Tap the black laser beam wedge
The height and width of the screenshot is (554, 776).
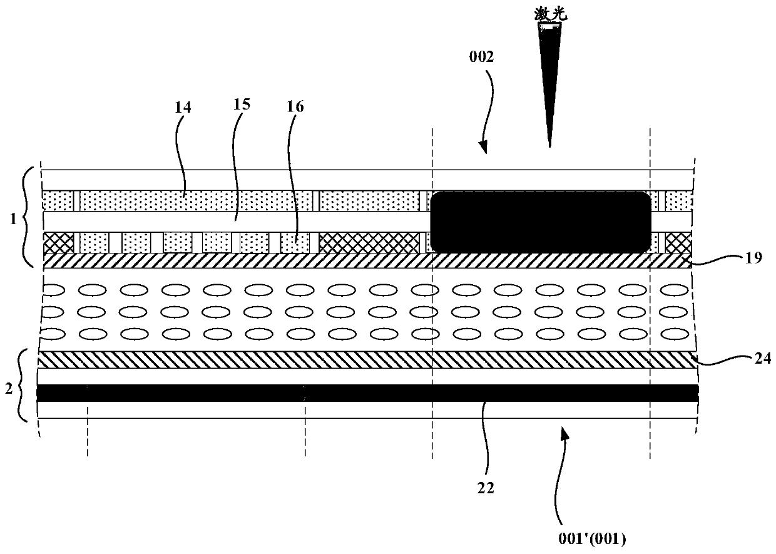pyautogui.click(x=549, y=75)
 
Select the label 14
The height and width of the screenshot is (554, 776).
pyautogui.click(x=183, y=108)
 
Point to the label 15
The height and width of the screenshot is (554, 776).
pyautogui.click(x=242, y=104)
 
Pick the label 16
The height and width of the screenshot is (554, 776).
pyautogui.click(x=296, y=106)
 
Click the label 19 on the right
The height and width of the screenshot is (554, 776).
pyautogui.click(x=753, y=257)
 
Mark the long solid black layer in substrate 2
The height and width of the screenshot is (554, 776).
pyautogui.click(x=368, y=393)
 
